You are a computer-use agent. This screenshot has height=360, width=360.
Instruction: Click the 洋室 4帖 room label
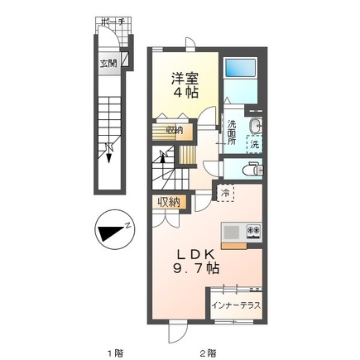(x=185, y=84)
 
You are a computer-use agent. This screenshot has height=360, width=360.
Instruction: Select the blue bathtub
(x=242, y=70)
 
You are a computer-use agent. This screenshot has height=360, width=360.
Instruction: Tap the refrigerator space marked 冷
(x=225, y=193)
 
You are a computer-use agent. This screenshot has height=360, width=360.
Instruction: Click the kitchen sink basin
(x=230, y=231)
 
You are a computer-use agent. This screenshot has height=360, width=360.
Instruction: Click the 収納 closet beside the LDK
(x=169, y=202)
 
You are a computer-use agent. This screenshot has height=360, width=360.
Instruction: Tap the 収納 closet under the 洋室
(x=174, y=130)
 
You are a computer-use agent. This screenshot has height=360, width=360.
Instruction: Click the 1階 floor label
(x=114, y=352)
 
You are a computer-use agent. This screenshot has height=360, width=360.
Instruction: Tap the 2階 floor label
(x=209, y=352)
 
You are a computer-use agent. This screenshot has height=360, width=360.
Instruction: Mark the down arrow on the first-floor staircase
(x=109, y=149)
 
